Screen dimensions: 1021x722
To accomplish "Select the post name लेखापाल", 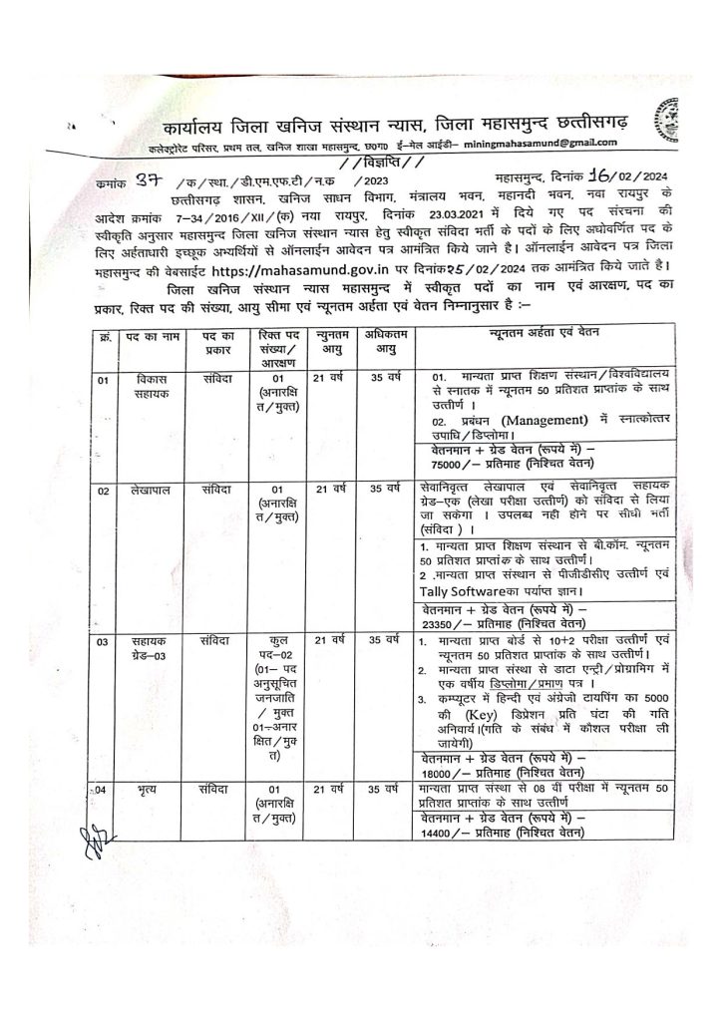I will (155, 490).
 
